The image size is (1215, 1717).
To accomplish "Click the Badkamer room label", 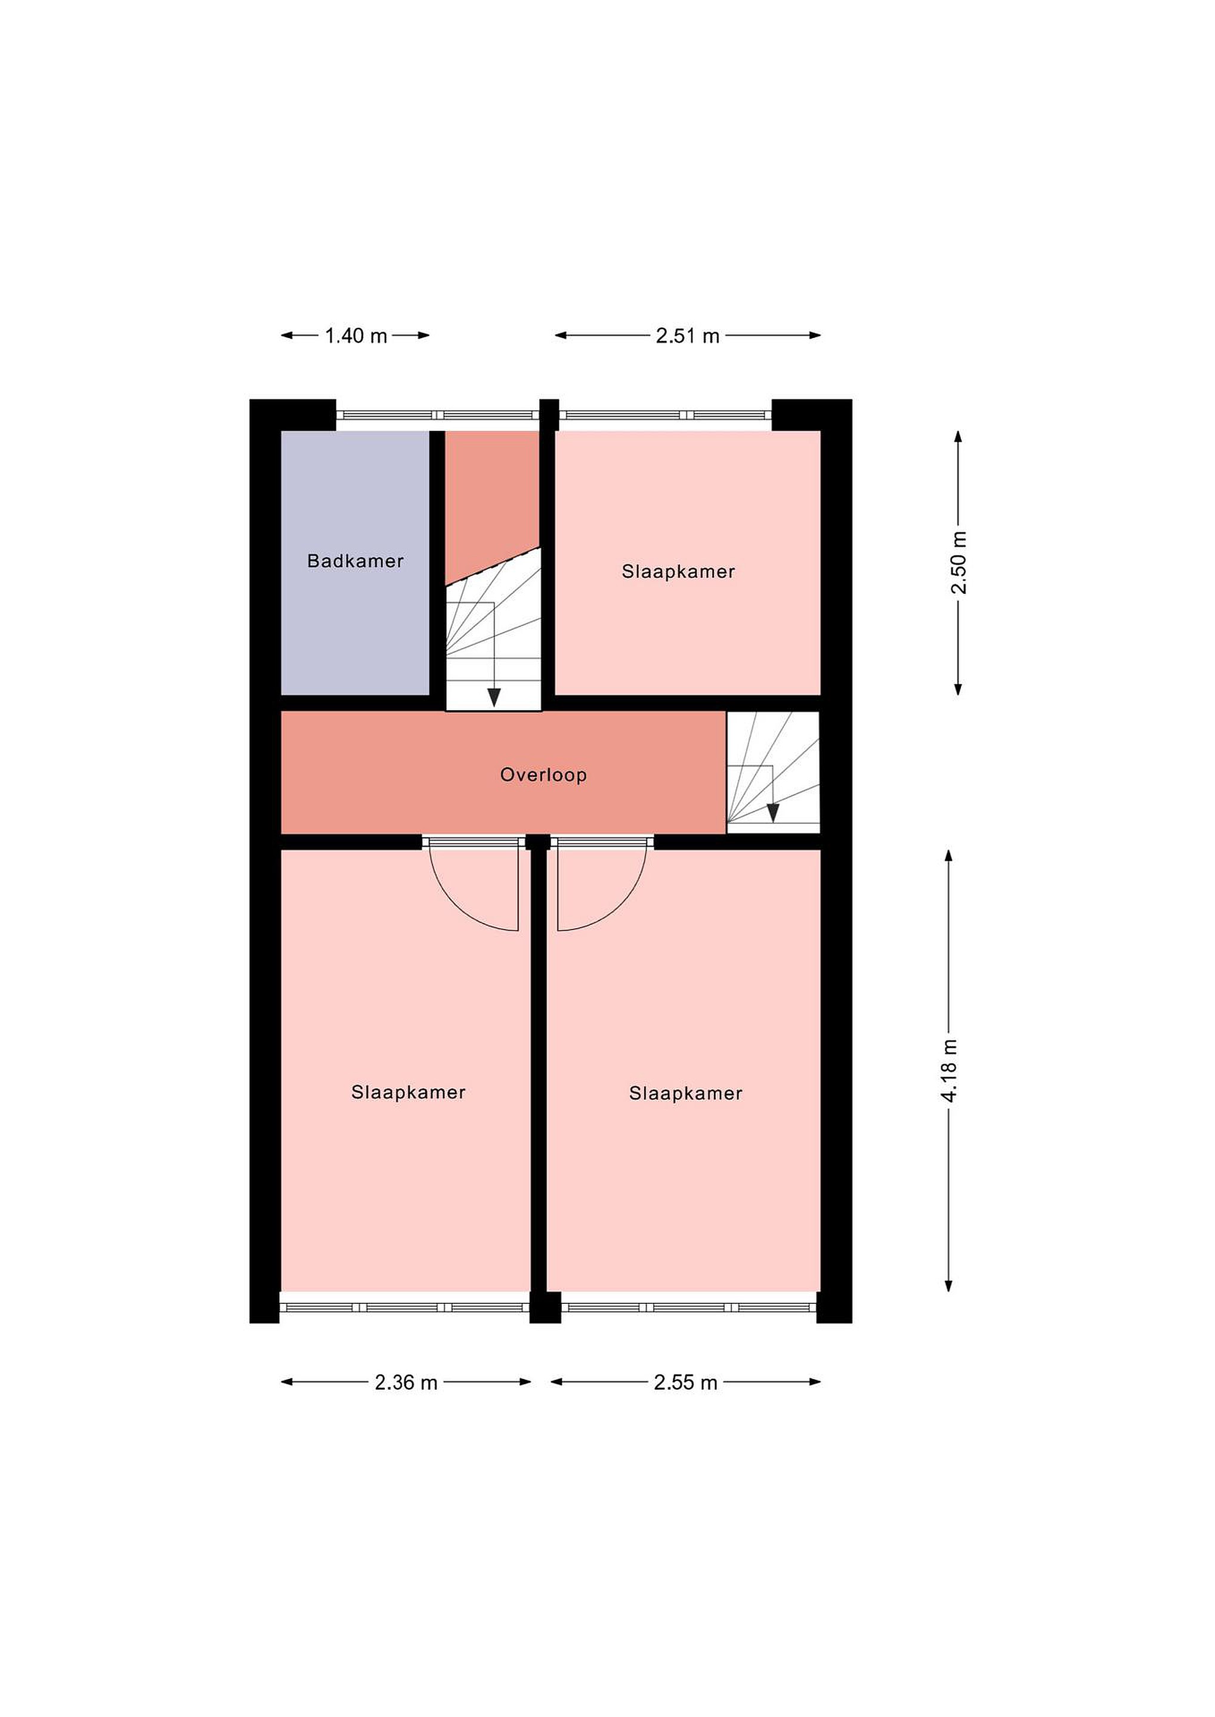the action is (355, 561).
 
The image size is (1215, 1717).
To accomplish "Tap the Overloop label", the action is (543, 775).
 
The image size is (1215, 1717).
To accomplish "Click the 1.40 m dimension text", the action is (356, 336).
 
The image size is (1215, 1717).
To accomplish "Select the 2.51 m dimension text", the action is (688, 336).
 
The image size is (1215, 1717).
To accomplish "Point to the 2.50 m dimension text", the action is (959, 562).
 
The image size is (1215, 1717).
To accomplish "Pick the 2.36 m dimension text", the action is (406, 1383).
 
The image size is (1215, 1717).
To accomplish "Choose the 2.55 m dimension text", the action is (685, 1383).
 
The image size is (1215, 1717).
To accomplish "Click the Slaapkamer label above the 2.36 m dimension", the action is (409, 1093).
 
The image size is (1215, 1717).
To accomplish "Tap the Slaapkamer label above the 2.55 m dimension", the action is (685, 1093).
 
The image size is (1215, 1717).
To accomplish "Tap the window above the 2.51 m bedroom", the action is (666, 415).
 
